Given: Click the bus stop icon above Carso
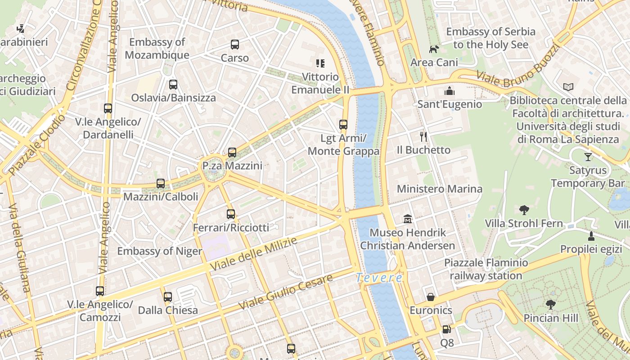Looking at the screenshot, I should [235, 45].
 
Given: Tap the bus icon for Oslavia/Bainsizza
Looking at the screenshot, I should [173, 85].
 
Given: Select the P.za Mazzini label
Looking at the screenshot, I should [232, 166].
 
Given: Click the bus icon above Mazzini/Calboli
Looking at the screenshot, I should [161, 184].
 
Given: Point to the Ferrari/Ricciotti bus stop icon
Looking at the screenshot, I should [231, 214].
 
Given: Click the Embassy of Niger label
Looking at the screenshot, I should [160, 251].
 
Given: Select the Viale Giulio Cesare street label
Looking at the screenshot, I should [285, 291].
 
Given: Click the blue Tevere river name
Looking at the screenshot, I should [379, 278].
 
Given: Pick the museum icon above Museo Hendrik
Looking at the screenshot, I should [408, 219].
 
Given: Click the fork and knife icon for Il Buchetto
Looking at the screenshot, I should [423, 136].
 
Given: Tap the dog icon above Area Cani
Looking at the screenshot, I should [434, 49].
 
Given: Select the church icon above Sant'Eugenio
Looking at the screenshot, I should [449, 91].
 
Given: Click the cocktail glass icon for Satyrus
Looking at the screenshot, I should [588, 157].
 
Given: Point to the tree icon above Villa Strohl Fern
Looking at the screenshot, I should [524, 210].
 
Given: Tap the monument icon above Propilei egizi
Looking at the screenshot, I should [591, 236].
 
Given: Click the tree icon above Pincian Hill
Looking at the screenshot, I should [550, 305].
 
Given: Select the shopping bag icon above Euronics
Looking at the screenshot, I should [431, 297].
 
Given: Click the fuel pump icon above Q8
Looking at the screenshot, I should [446, 330].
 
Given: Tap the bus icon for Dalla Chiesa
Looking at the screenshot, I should [168, 297].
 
